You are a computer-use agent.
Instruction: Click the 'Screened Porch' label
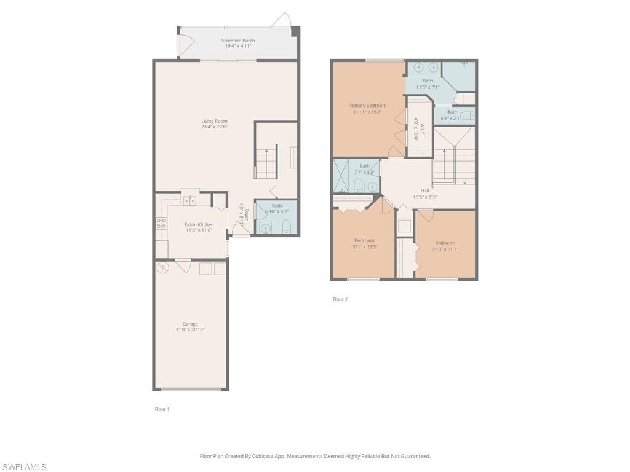click(x=238, y=41)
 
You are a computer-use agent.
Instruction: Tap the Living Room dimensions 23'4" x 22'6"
click(x=214, y=127)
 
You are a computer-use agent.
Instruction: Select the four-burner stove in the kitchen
click(x=161, y=224)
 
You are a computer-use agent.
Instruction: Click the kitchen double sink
click(x=189, y=200)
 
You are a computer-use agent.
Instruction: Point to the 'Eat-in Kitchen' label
click(x=199, y=225)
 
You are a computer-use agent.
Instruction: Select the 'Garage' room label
click(x=190, y=324)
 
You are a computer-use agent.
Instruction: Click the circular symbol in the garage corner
click(x=163, y=267)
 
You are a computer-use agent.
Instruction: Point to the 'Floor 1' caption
click(x=162, y=409)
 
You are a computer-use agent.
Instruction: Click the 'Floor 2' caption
click(x=340, y=299)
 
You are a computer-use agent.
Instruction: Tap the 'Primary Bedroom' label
click(x=367, y=106)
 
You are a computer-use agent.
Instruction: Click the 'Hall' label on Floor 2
click(x=425, y=191)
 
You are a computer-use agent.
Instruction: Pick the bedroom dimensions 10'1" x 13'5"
click(x=364, y=247)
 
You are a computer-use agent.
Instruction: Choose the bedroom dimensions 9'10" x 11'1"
click(x=445, y=249)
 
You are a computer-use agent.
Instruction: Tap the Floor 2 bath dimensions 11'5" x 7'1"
click(x=428, y=87)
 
